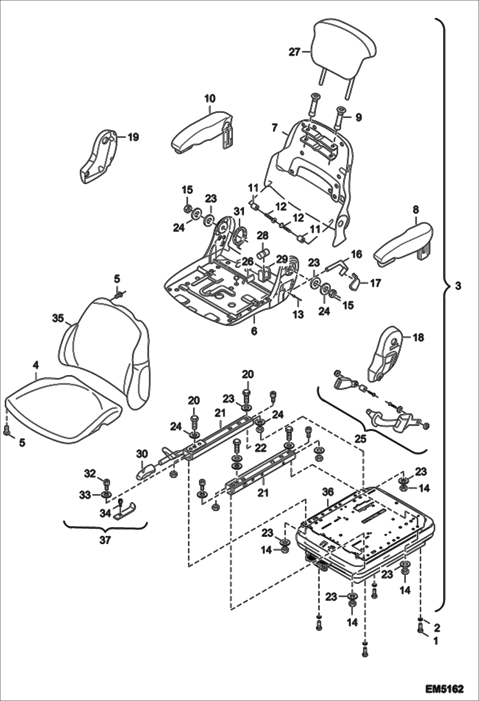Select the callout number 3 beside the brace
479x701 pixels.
click(458, 286)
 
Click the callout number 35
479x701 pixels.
click(58, 319)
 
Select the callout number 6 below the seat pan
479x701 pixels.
click(254, 331)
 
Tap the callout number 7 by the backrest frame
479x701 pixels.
click(274, 128)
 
